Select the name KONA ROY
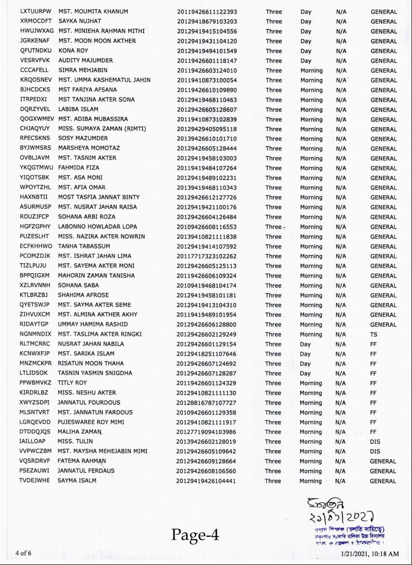[x=73, y=51]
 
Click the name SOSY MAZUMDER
[x=82, y=139]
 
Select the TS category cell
[x=373, y=335]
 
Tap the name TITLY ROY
[x=72, y=383]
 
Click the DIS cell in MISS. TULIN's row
[x=375, y=442]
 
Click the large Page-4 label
[x=195, y=535]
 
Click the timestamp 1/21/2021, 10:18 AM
[x=370, y=554]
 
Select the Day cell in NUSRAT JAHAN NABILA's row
[x=305, y=344]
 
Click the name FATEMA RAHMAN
[x=81, y=461]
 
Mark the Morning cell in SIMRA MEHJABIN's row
[x=311, y=71]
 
